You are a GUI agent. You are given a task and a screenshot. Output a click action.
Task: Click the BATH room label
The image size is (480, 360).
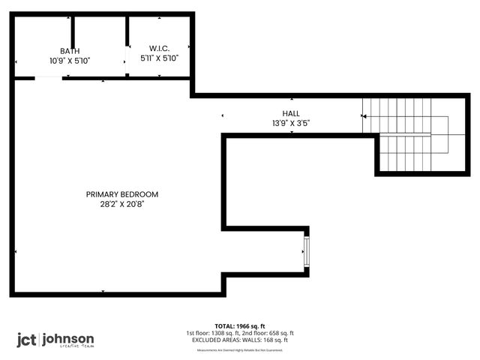[70, 51]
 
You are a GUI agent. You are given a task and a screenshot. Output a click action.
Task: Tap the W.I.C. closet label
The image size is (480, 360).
[160, 47]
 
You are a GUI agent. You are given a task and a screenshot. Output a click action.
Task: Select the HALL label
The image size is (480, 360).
[291, 113]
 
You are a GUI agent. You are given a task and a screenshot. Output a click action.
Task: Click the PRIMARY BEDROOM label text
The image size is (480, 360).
[122, 193]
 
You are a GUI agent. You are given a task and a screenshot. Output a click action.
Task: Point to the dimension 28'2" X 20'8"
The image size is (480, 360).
[122, 203]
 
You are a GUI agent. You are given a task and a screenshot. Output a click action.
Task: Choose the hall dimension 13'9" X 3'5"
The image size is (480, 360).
[291, 122]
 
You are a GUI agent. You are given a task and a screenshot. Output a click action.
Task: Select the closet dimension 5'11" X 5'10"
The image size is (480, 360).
[160, 58]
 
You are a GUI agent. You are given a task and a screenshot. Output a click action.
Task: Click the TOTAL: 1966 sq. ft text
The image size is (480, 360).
[240, 326]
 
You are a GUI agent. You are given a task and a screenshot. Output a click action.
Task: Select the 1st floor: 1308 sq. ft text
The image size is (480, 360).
[212, 333]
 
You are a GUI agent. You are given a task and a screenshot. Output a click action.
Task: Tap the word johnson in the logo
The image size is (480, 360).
[68, 338]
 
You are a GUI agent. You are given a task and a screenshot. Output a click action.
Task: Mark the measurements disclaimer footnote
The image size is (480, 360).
[240, 349]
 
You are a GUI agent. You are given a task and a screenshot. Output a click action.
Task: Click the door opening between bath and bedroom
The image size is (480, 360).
[48, 78]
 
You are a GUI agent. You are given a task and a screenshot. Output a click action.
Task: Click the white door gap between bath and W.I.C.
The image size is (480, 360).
[127, 64]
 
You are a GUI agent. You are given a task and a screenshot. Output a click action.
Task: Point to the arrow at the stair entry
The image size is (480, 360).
[364, 116]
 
